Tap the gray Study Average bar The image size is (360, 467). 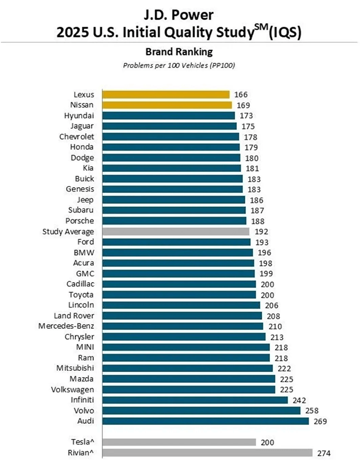point(174,231)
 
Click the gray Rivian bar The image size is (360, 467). point(205,453)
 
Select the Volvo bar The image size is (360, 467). point(200,410)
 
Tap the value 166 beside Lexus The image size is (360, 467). point(241,95)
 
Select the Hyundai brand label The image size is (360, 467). point(79,115)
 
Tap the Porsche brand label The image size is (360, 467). point(79,221)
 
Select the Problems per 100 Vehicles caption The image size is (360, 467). point(179,65)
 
